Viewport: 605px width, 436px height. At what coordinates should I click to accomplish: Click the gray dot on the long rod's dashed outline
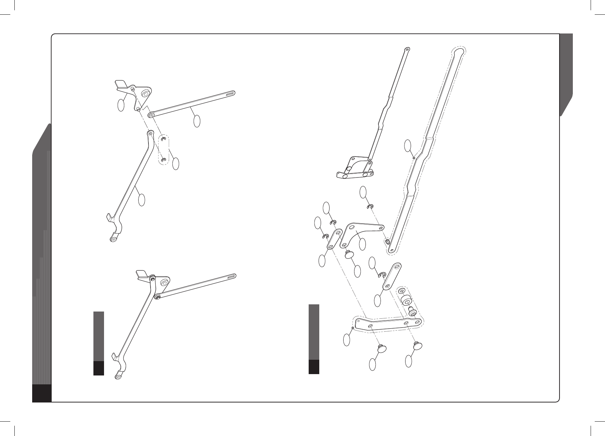414,158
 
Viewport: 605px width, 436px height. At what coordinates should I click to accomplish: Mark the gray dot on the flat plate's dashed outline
353,328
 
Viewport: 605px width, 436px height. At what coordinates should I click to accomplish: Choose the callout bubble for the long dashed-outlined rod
408,145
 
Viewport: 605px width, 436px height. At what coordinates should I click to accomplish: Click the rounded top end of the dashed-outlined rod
459,52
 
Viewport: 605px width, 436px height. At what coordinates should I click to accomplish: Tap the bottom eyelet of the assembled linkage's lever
118,377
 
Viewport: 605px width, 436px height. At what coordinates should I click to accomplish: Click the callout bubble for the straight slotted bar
197,121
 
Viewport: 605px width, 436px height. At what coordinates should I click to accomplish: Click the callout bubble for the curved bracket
363,244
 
